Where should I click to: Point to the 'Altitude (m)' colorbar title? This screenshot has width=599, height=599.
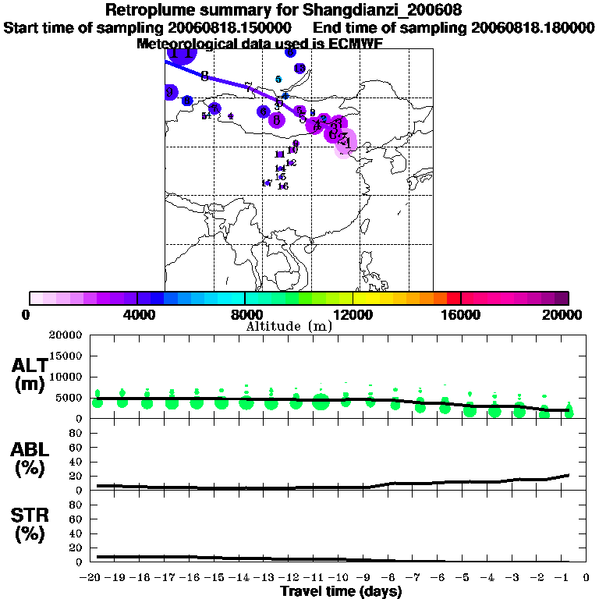289,326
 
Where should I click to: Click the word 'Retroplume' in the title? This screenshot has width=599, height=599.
145,11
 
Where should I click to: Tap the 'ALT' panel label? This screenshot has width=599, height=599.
29,365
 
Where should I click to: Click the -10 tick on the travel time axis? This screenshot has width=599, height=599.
342,577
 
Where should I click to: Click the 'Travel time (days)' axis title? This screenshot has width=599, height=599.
341,591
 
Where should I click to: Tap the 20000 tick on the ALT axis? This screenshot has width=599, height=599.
66,335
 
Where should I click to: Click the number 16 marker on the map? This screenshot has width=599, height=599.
283,186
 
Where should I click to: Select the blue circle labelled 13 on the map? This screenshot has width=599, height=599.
299,69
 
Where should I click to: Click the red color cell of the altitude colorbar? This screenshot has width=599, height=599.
454,298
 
